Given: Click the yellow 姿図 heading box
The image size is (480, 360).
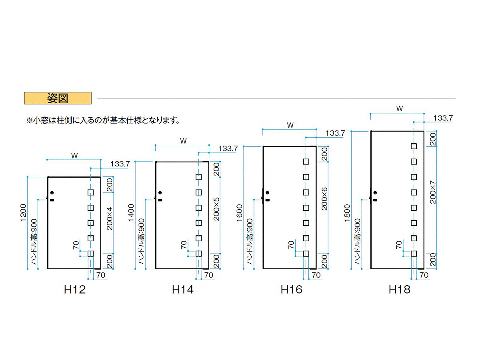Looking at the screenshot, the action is click(58, 98).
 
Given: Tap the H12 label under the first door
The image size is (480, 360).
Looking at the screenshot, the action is click(75, 290).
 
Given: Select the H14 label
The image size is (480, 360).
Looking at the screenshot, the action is click(182, 290).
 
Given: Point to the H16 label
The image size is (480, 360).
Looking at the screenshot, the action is click(291, 290).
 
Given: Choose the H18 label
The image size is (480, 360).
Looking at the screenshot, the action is click(399, 290).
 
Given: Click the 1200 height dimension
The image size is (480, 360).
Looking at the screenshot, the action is click(23, 213).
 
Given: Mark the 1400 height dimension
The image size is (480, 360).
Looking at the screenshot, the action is click(131, 213).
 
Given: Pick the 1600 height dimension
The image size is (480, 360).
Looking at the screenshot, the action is click(240, 213).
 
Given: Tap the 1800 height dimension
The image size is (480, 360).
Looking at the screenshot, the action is click(347, 213).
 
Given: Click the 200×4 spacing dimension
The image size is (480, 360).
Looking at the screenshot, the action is click(109, 218).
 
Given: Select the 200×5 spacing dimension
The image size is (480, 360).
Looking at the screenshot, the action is click(216, 209).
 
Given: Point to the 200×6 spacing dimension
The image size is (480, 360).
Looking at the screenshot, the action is click(324, 199).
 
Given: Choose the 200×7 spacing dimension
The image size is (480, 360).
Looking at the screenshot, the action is click(433, 192).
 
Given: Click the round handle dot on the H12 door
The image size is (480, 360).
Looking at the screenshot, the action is click(52, 193).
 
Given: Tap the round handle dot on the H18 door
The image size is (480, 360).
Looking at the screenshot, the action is click(375, 193).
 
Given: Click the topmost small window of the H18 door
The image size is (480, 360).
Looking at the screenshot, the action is click(414, 146).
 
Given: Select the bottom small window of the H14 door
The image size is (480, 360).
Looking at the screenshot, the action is click(198, 254).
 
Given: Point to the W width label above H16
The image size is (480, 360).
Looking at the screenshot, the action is click(290, 125).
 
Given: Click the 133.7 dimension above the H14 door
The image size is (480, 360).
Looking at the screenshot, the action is click(228, 149).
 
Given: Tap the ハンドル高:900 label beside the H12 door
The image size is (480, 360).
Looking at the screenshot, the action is click(34, 241).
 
